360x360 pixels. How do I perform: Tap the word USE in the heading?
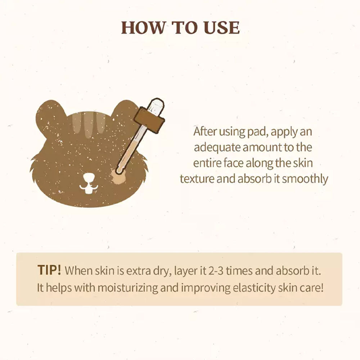221,28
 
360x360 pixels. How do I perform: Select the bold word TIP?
49,270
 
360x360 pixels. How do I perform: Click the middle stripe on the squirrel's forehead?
89,125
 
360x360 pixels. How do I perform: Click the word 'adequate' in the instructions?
217,147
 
